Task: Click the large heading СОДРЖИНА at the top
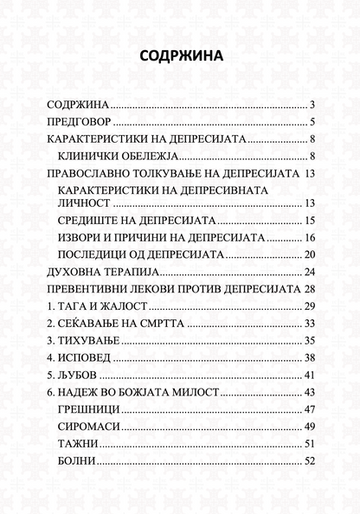180,57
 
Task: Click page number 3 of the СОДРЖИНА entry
310,103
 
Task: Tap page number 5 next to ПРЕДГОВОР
310,121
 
